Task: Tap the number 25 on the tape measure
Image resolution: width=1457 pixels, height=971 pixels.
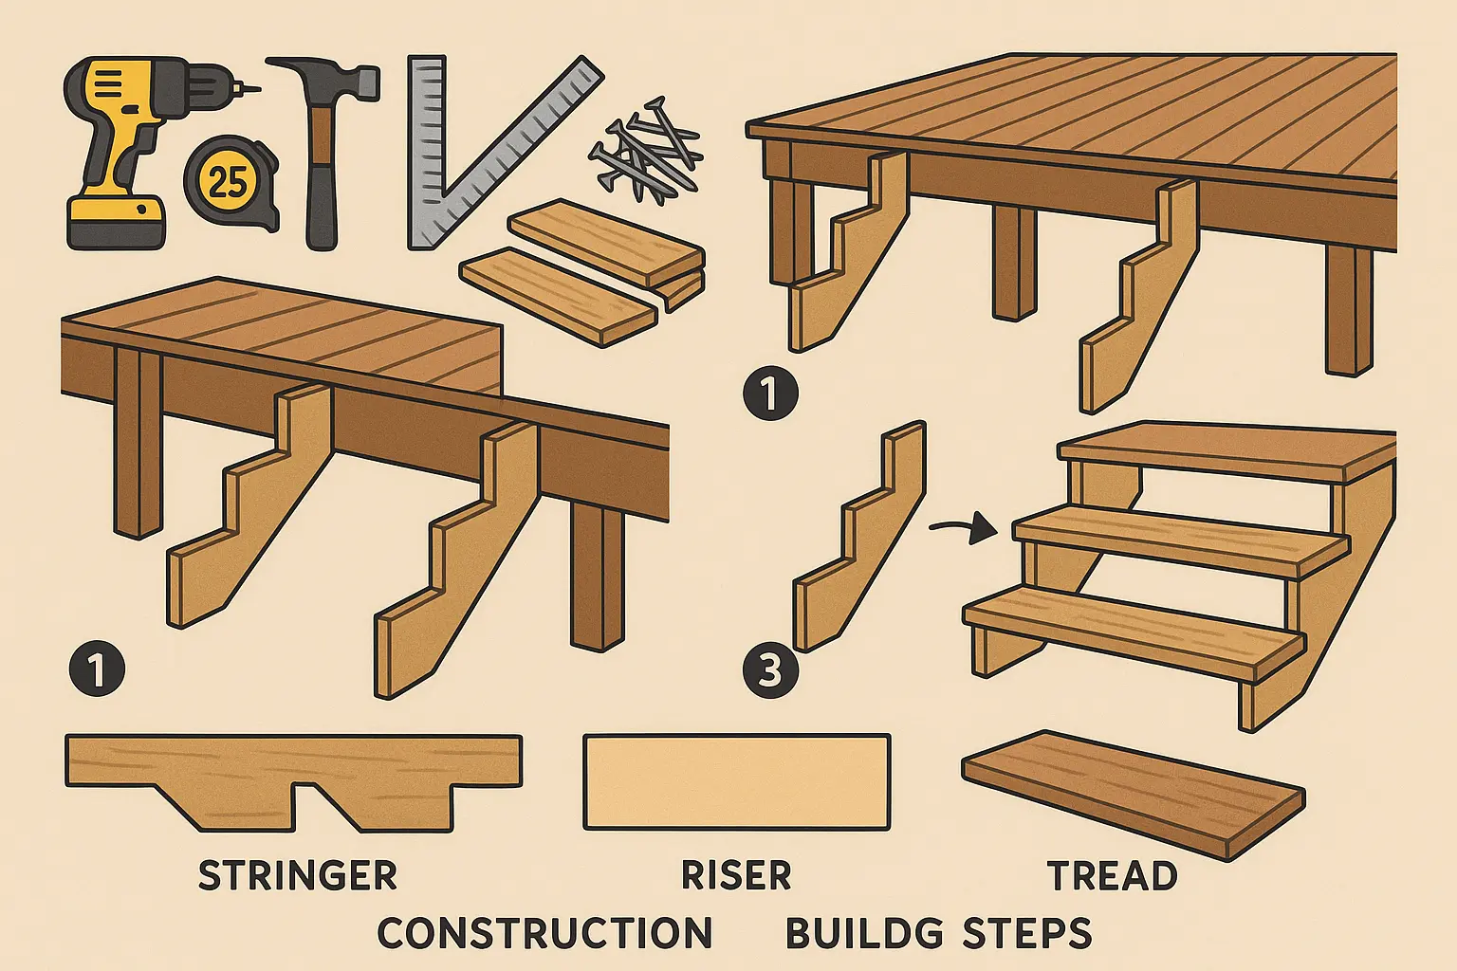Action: click(x=227, y=181)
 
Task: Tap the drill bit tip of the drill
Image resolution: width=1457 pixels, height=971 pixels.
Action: click(x=258, y=89)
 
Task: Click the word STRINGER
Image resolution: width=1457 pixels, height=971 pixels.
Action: click(x=297, y=875)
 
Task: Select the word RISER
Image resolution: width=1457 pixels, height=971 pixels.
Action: click(x=736, y=875)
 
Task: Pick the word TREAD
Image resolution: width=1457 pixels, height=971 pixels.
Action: click(x=1113, y=875)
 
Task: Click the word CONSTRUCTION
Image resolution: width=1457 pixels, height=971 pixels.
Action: click(x=544, y=933)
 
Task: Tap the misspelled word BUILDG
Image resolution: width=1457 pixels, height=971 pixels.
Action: click(x=864, y=933)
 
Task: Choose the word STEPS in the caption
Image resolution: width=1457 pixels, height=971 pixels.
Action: click(x=1026, y=933)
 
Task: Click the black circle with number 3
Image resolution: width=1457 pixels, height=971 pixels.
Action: click(x=770, y=671)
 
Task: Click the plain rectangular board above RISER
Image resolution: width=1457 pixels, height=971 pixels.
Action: click(x=736, y=782)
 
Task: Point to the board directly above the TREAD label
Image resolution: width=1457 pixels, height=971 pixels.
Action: click(x=1134, y=794)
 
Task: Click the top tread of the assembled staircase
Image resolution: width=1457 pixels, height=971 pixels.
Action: click(x=1226, y=452)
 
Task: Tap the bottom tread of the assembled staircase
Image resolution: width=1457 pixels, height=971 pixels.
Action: click(x=1134, y=629)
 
